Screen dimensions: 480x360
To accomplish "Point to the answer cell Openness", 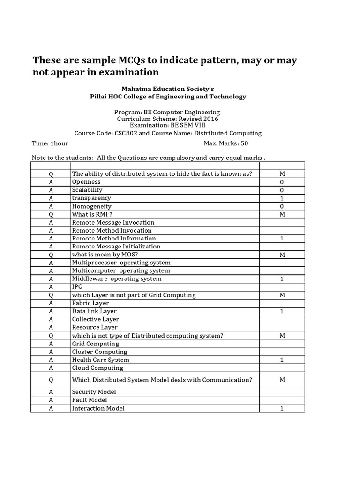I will (86, 182).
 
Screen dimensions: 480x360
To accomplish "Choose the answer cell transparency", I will (91, 198).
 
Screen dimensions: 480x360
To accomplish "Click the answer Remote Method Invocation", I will (112, 231).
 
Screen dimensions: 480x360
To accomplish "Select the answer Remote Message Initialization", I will (116, 247).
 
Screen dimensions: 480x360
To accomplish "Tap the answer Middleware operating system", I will (116, 279).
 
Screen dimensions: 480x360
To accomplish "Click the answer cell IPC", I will (76, 287).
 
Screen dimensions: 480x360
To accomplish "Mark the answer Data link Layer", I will (94, 311).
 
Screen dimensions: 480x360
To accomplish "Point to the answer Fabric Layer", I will (90, 303).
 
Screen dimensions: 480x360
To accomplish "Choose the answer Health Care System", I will (100, 360).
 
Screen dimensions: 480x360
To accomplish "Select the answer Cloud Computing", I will (97, 368).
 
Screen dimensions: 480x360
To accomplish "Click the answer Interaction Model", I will (98, 408).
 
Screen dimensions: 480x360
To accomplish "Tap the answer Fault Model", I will (90, 400).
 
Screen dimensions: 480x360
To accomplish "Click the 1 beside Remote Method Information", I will (282, 239).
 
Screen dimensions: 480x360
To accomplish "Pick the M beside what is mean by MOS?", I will (282, 255).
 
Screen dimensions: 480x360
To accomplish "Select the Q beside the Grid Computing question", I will (51, 295).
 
